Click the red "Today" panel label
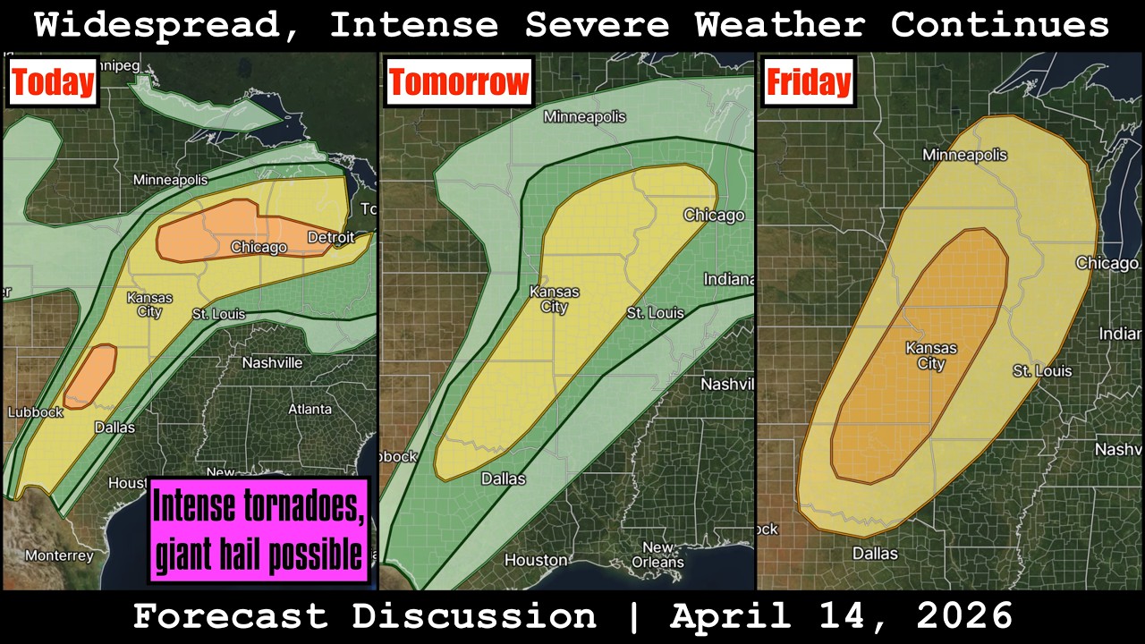[x=53, y=82]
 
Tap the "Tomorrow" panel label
[x=459, y=82]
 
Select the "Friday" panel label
[x=808, y=82]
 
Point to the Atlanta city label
[x=310, y=409]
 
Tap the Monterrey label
[x=59, y=555]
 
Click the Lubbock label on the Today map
[x=36, y=412]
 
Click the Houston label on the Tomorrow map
[x=536, y=560]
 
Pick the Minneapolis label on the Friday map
[x=964, y=156]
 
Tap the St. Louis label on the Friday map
[x=1042, y=370]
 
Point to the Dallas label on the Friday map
[x=875, y=554]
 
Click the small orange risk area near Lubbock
[x=90, y=376]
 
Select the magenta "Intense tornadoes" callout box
[x=259, y=530]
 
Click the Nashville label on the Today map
[x=272, y=363]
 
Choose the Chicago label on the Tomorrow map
[x=714, y=215]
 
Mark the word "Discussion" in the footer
[x=474, y=616]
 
